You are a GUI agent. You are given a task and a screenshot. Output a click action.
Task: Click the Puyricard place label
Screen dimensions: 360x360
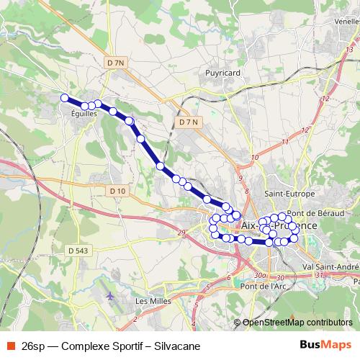click(222, 73)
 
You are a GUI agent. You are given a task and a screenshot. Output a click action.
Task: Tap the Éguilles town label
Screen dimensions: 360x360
click(84, 114)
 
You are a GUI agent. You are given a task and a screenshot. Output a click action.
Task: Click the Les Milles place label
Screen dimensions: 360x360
click(151, 301)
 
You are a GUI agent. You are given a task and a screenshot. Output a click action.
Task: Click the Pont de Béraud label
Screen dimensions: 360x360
click(328, 213)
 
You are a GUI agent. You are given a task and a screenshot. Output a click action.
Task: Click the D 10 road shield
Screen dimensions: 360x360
click(118, 191)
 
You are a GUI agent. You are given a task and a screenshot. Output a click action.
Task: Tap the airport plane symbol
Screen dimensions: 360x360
click(109, 295)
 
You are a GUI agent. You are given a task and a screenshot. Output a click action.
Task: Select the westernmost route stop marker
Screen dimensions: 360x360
click(65, 98)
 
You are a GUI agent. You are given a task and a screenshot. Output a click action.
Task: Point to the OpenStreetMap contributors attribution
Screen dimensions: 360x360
click(293, 323)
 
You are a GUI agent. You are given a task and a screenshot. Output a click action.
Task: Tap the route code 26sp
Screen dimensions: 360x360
click(33, 345)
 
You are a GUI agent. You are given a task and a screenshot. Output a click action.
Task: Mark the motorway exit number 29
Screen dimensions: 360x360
click(181, 231)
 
